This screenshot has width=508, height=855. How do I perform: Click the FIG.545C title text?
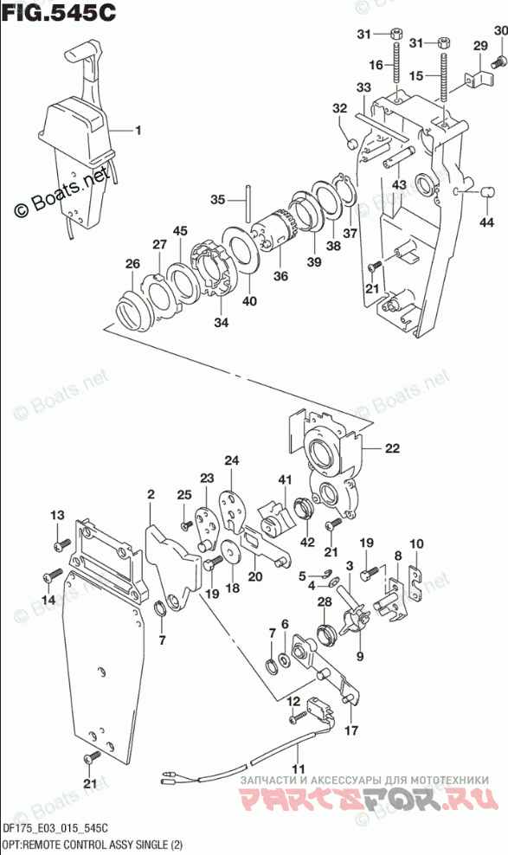click(59, 11)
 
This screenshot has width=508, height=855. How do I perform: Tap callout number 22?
click(392, 449)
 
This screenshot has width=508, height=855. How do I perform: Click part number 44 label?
click(486, 222)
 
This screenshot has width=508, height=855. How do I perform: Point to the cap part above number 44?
click(488, 191)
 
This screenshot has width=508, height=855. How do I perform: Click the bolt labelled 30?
click(498, 62)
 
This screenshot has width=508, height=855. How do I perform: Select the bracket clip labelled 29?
click(478, 76)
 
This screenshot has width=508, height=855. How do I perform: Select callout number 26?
click(132, 264)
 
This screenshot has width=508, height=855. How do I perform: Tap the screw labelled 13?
click(62, 543)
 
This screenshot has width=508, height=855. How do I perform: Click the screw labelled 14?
click(54, 575)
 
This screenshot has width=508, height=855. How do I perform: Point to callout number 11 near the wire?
click(298, 768)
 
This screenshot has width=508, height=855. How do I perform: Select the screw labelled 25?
click(188, 524)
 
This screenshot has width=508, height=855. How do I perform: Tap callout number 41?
click(285, 479)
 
